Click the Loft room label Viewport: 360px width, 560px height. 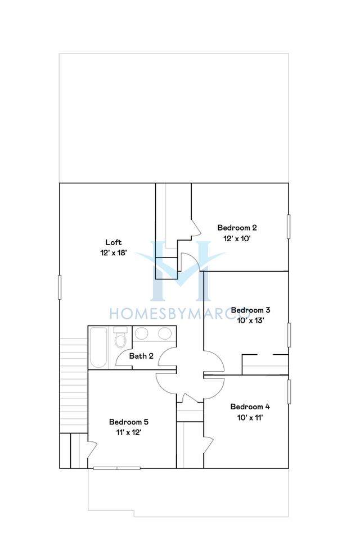pyautogui.click(x=114, y=242)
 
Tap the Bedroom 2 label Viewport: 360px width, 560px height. pyautogui.click(x=237, y=228)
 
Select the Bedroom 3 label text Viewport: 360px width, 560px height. pyautogui.click(x=250, y=310)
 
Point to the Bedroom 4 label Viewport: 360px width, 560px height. pyautogui.click(x=250, y=407)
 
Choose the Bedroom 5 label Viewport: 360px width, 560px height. pyautogui.click(x=129, y=422)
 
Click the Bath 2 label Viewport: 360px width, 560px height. pyautogui.click(x=141, y=356)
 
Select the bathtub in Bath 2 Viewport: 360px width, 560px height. pyautogui.click(x=98, y=348)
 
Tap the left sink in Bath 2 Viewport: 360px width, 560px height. pyautogui.click(x=142, y=333)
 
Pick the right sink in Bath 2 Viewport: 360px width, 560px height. pyautogui.click(x=165, y=333)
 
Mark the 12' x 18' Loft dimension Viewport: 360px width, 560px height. pyautogui.click(x=114, y=253)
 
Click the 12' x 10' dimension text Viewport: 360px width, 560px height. pyautogui.click(x=237, y=238)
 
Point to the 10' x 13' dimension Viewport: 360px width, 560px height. pyautogui.click(x=250, y=320)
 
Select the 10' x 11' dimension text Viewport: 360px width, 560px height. pyautogui.click(x=250, y=417)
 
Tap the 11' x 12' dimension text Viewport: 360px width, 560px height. pyautogui.click(x=129, y=432)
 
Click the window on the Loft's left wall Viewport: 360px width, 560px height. pyautogui.click(x=60, y=287)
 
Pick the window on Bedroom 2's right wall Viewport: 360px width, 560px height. pyautogui.click(x=289, y=227)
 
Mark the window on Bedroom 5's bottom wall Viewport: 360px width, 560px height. pyautogui.click(x=117, y=468)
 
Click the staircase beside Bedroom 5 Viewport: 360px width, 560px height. pyautogui.click(x=74, y=386)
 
